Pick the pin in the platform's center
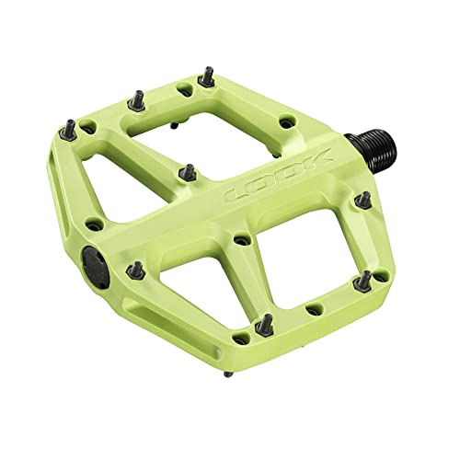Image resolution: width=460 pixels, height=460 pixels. tap(188, 171)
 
